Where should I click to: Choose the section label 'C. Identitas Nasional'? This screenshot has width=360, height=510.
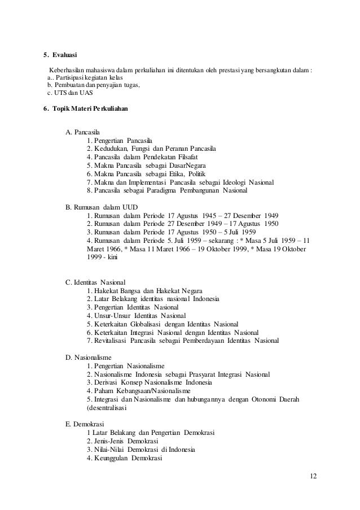click(96, 282)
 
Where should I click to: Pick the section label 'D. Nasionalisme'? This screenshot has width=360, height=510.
click(89, 358)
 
